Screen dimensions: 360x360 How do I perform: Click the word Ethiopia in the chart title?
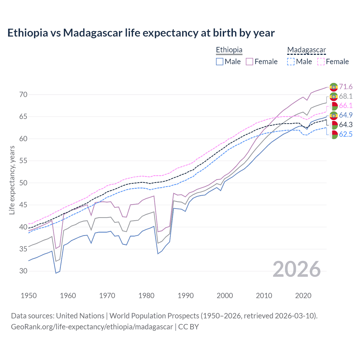click(x=28, y=33)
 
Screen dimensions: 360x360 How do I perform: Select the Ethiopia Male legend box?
click(x=220, y=62)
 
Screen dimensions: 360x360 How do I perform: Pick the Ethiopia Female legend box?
click(x=249, y=62)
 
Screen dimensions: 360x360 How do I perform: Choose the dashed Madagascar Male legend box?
click(x=291, y=62)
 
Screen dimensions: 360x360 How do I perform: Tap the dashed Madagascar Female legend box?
click(x=321, y=62)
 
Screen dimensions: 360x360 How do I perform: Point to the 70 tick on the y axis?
click(x=23, y=94)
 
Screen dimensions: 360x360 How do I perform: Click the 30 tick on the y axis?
click(x=23, y=271)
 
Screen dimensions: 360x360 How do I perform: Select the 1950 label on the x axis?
click(x=29, y=296)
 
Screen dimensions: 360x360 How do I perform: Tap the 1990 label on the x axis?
click(x=186, y=296)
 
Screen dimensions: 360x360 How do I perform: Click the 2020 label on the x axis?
click(x=303, y=296)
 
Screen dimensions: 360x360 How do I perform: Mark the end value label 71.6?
click(x=346, y=87)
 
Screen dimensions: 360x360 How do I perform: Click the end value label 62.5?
click(x=346, y=134)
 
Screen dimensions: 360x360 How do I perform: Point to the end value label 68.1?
click(x=346, y=96)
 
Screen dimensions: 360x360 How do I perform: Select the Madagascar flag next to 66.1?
click(x=334, y=106)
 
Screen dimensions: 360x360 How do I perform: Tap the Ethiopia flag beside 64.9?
click(x=334, y=115)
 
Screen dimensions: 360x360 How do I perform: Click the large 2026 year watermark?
click(x=297, y=269)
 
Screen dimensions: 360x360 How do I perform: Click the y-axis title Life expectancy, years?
click(x=12, y=180)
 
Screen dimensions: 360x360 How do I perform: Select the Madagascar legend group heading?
click(x=306, y=50)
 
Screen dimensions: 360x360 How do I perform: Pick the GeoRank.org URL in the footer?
click(x=92, y=327)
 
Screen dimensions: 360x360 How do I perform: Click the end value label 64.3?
click(x=346, y=125)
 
